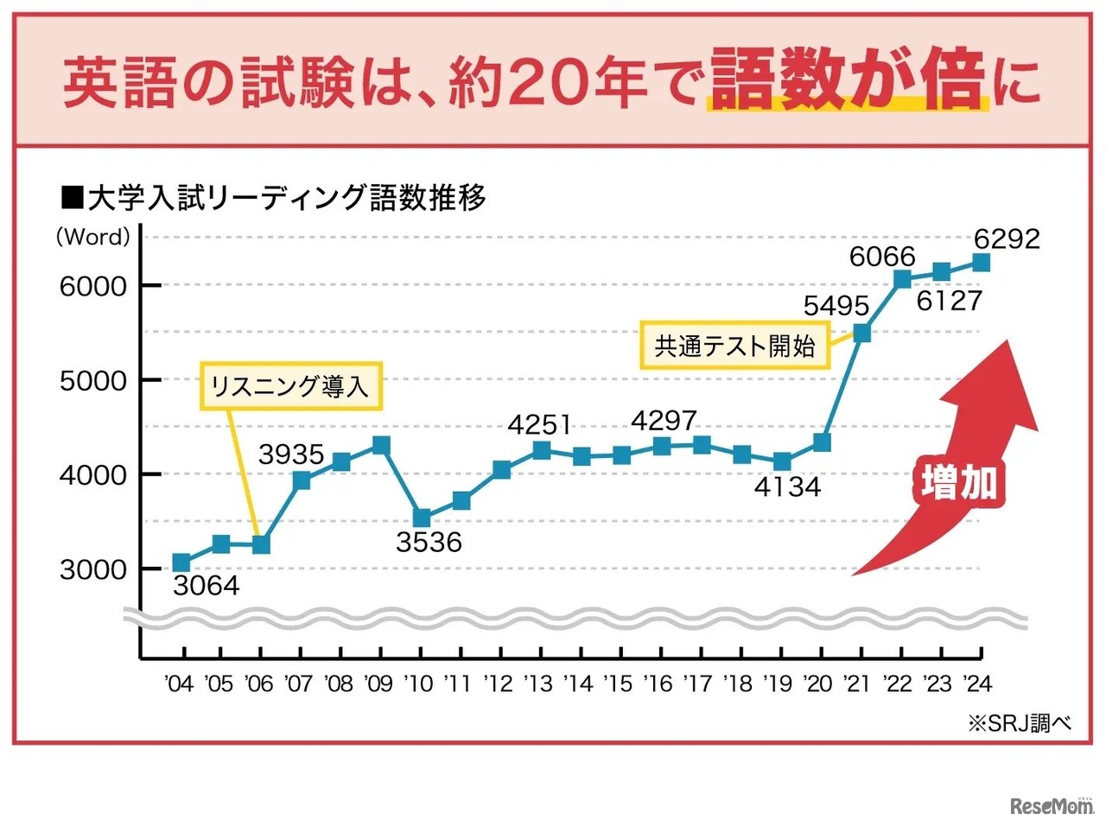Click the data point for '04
(181, 563)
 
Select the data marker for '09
(381, 445)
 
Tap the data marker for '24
(981, 263)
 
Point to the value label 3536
(429, 543)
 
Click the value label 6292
(1007, 238)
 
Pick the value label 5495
(836, 306)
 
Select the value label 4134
(787, 487)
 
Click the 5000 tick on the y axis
(92, 380)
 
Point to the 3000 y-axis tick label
(92, 569)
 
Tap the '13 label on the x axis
(537, 683)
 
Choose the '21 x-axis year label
(857, 683)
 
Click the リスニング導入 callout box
(290, 385)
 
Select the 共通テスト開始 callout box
(734, 346)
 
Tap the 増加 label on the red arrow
(959, 482)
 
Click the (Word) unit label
(93, 237)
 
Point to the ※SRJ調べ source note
(1020, 723)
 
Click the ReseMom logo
(1052, 805)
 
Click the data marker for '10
(422, 518)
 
